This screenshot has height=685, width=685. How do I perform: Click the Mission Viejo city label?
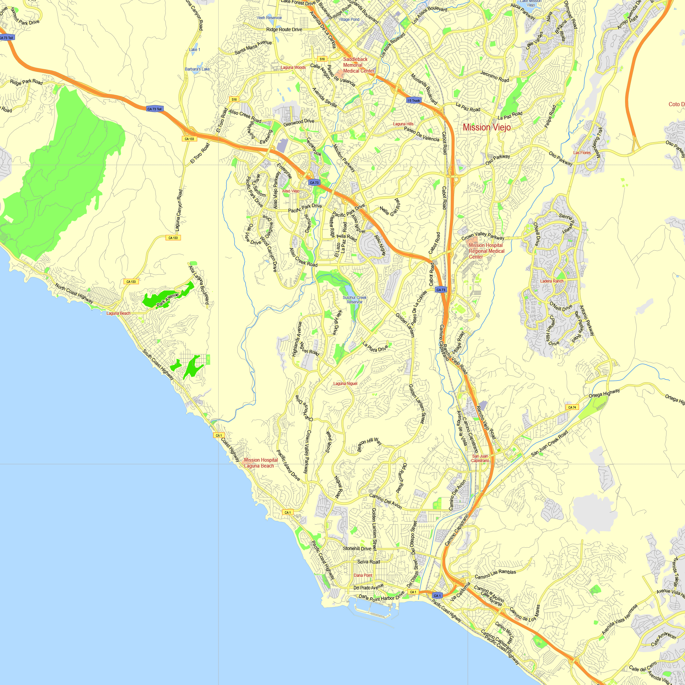point(486,127)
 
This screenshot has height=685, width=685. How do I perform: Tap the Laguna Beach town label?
point(119,313)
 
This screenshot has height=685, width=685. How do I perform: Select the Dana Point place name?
point(363,575)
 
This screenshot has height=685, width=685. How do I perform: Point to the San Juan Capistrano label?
point(480,459)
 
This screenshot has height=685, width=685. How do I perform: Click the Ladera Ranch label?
point(552,281)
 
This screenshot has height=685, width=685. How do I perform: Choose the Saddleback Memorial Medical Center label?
point(359,65)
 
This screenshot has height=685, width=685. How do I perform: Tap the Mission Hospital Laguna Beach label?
point(261,463)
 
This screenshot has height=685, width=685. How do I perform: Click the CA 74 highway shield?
point(572,407)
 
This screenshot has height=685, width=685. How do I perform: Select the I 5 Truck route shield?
point(414,101)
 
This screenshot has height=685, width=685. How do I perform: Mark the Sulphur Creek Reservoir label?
point(354,300)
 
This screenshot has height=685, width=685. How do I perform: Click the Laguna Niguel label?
point(345,384)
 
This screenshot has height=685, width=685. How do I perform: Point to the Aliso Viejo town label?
point(291,191)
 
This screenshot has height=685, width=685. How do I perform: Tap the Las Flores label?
point(582,153)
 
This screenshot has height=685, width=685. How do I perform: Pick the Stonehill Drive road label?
point(357,548)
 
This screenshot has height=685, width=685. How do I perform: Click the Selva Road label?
point(369,562)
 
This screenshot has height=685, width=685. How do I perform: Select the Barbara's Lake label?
point(197,69)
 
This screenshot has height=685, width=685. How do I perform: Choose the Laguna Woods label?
point(293,67)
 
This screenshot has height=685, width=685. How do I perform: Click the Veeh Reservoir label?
point(270,18)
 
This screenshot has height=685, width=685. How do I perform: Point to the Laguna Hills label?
point(403,124)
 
